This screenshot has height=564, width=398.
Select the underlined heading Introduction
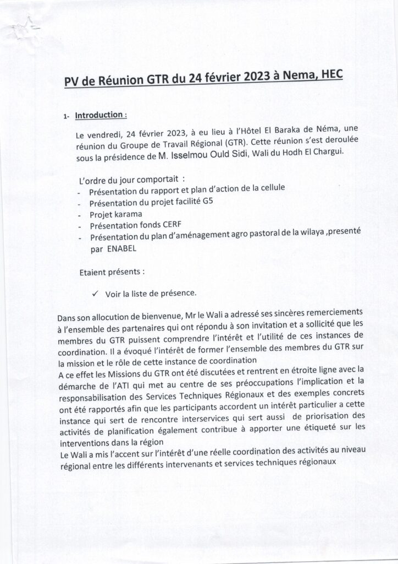pos(98,116)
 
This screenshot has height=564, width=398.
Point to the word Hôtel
pos(246,134)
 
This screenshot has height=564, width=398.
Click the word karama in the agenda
pos(128,215)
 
